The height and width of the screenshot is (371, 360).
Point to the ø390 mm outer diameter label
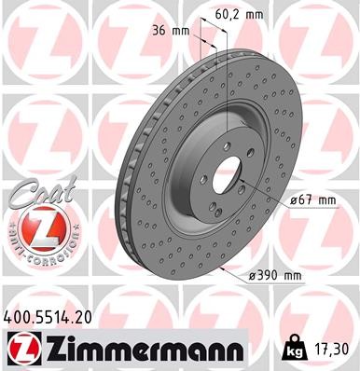(277, 276)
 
